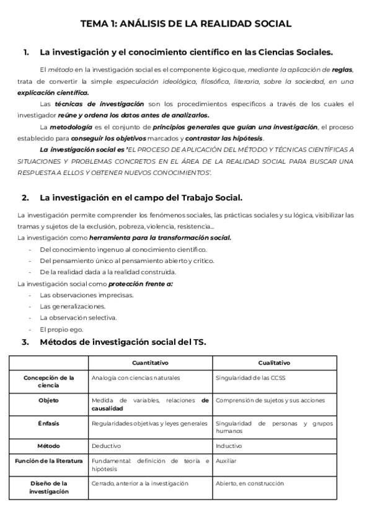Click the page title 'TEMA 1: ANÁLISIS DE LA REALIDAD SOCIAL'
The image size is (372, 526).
click(x=186, y=24)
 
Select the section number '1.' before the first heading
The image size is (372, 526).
click(x=26, y=53)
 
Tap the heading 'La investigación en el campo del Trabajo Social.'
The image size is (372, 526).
click(x=141, y=198)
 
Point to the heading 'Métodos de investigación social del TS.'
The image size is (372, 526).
click(x=123, y=342)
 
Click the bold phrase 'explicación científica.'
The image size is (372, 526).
click(x=53, y=92)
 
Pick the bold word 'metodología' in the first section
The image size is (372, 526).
click(x=75, y=127)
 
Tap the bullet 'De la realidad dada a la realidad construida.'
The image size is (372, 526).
click(x=108, y=272)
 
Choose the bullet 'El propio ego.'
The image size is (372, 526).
click(x=61, y=329)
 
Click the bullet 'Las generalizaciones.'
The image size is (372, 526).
click(x=73, y=306)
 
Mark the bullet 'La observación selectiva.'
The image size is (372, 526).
click(x=78, y=318)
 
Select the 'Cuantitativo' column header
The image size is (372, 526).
click(x=150, y=363)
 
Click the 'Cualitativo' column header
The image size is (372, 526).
click(x=274, y=363)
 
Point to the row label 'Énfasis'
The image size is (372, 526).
click(x=48, y=423)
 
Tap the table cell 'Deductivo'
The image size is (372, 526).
click(x=106, y=445)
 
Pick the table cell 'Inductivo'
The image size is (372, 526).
click(x=229, y=445)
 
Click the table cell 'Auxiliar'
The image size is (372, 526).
click(x=226, y=461)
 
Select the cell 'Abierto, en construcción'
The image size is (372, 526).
click(x=249, y=483)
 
